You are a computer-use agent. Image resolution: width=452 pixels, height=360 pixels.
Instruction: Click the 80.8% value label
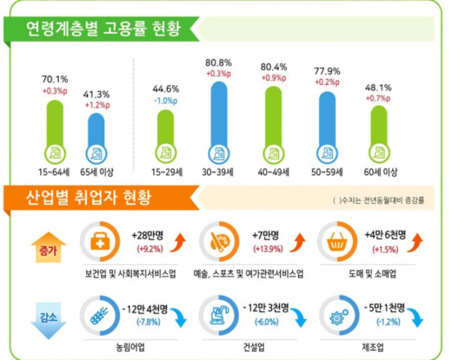(218, 63)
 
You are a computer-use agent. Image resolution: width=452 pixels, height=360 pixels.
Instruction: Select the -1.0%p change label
(168, 101)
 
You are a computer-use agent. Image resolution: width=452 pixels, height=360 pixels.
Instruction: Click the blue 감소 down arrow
(44, 310)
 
